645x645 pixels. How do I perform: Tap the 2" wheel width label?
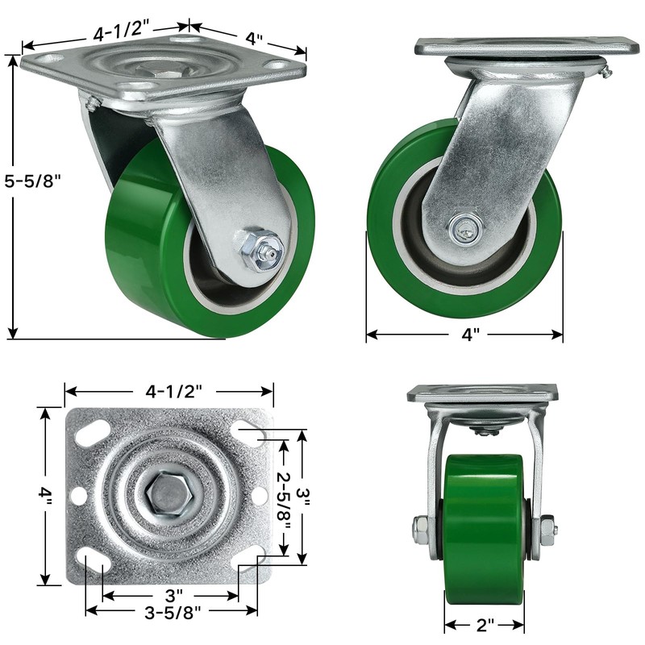coord(485,626)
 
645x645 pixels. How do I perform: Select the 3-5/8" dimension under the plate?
coord(173,613)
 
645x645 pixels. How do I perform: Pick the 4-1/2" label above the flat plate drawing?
coord(174,391)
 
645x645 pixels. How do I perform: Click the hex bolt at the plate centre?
coord(169,493)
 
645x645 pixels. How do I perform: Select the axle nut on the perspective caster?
coord(259,250)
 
